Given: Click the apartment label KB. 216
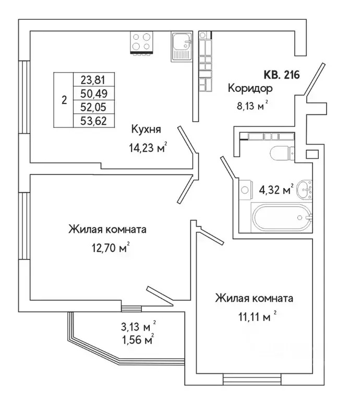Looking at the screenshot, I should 282,75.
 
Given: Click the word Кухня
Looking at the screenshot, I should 145,129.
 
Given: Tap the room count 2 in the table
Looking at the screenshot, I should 64,101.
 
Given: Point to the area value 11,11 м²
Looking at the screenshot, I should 254,316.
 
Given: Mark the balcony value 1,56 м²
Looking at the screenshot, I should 137,340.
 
